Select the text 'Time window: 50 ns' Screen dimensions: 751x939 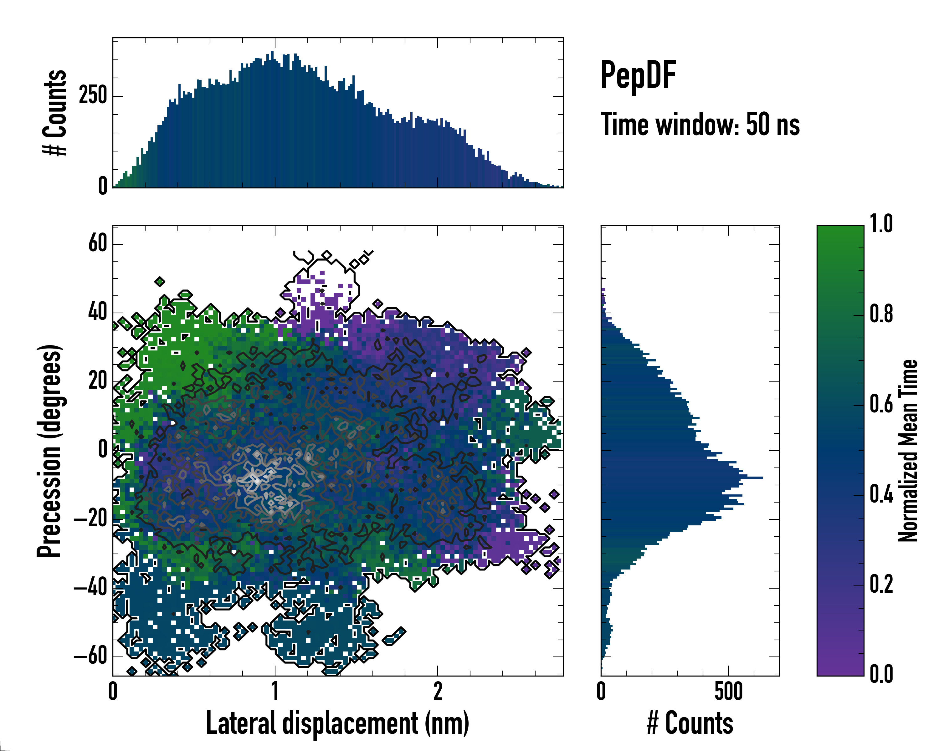click(x=700, y=125)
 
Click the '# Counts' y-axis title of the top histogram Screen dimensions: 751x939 click(x=55, y=113)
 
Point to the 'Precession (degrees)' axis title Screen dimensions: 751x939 click(x=49, y=451)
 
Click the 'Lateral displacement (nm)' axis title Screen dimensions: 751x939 click(x=337, y=723)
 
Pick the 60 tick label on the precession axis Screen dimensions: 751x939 click(x=98, y=243)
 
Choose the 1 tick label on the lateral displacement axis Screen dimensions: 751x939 click(x=275, y=692)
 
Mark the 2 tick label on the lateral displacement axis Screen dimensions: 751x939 click(x=438, y=692)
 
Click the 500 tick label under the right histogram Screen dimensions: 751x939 click(x=728, y=692)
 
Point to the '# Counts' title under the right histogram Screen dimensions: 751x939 click(x=690, y=723)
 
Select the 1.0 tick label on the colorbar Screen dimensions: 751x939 click(x=881, y=224)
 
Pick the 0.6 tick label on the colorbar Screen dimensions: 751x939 click(x=881, y=405)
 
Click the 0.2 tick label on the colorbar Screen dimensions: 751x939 click(x=881, y=585)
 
